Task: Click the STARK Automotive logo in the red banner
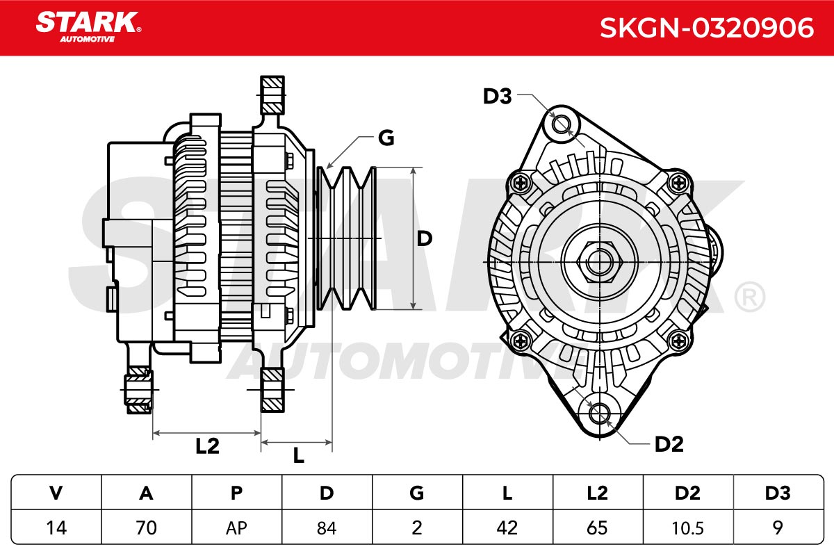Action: tap(88, 27)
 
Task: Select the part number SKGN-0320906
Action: tap(707, 28)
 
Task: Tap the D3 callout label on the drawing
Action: tap(497, 97)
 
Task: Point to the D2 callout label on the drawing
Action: tap(669, 444)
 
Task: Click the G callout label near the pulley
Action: tap(386, 138)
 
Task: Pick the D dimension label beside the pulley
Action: tap(424, 238)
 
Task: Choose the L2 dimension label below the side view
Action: tap(207, 445)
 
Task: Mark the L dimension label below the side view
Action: tap(299, 455)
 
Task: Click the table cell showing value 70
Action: tap(147, 528)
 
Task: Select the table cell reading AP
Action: tap(237, 528)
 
